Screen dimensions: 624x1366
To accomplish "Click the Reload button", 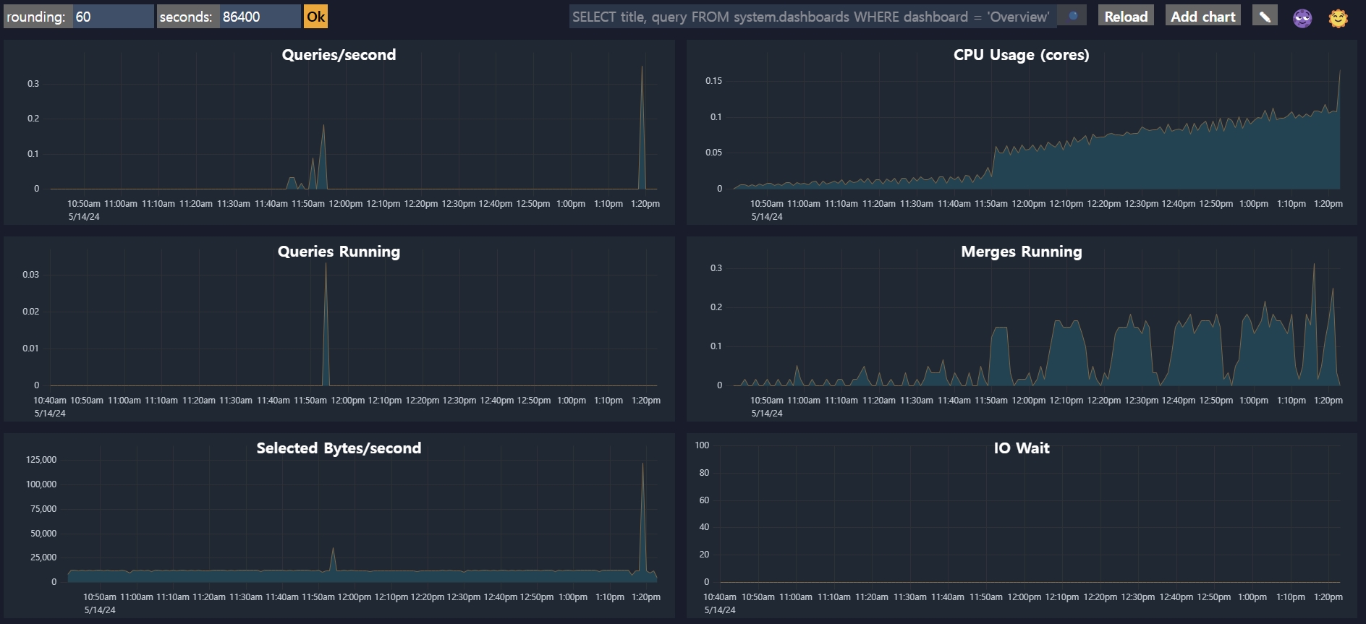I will click(x=1125, y=17).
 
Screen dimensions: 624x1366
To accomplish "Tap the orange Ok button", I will click(x=315, y=17).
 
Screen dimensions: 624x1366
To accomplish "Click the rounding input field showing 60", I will click(x=113, y=17).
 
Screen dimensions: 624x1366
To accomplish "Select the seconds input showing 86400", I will click(x=260, y=17).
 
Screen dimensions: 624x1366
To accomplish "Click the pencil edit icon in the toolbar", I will click(x=1264, y=16).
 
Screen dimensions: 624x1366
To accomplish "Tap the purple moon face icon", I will click(x=1302, y=18).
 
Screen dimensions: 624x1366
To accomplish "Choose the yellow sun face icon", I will click(x=1339, y=18).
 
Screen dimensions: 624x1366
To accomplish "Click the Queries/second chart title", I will click(x=339, y=55).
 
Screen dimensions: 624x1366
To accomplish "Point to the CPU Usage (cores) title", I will click(x=1021, y=55).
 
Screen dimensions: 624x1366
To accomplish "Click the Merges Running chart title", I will click(x=1021, y=252).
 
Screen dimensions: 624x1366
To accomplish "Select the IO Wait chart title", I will click(x=1021, y=448).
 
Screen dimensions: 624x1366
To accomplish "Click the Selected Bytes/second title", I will click(x=339, y=448).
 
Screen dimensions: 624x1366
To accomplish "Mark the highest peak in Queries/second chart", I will click(x=642, y=68).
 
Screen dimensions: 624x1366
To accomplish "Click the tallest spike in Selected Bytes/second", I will click(x=642, y=464).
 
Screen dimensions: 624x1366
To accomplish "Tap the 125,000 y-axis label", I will click(x=41, y=460).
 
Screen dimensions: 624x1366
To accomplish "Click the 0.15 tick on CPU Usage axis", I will click(x=713, y=81).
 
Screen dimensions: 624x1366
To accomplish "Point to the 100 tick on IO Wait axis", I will click(x=702, y=445).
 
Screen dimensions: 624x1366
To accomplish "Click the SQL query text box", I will click(x=812, y=17).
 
